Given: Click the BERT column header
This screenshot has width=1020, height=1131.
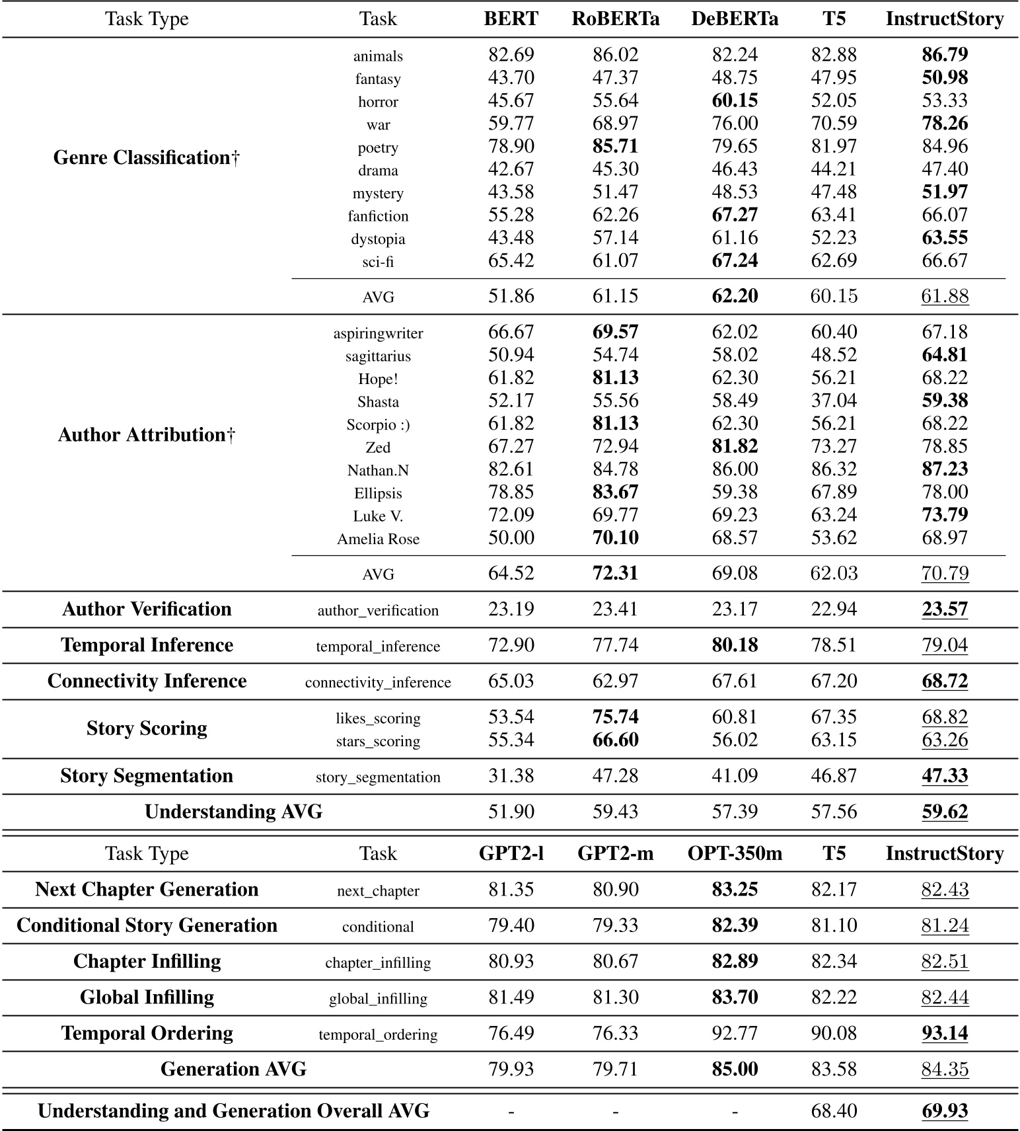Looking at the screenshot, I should (x=511, y=19).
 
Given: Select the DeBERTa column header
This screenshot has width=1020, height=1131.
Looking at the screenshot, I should (x=735, y=19).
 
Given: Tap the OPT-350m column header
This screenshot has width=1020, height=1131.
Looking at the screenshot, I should (x=735, y=853).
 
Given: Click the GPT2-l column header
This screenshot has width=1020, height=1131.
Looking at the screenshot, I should (x=511, y=853).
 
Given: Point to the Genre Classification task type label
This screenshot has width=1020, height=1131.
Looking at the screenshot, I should (x=147, y=157).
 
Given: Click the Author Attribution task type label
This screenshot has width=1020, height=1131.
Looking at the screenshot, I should (x=147, y=434).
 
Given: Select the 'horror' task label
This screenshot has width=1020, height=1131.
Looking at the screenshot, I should (x=378, y=102).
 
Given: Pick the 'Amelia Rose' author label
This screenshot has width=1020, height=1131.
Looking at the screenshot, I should (x=378, y=539).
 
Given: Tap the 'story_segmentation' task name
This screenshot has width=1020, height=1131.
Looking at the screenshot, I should (x=378, y=777).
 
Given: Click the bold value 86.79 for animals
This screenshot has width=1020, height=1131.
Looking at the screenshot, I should (x=945, y=55).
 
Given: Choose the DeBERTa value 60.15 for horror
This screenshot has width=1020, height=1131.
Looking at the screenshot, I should (x=735, y=100).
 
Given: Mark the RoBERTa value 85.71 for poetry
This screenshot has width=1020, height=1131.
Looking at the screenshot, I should (x=615, y=146).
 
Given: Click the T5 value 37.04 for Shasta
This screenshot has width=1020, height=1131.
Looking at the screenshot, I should (x=834, y=401).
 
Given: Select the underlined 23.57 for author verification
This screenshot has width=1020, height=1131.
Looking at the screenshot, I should (x=945, y=609).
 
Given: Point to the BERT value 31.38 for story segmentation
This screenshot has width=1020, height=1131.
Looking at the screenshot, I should (x=511, y=776).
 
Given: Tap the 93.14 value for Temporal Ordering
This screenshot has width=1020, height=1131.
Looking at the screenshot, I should (x=945, y=1033).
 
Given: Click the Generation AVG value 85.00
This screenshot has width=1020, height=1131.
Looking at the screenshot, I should (x=735, y=1069).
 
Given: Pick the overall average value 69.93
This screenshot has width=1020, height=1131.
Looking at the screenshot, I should (x=945, y=1111).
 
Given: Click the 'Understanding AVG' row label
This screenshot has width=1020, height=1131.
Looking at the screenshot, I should (x=233, y=812).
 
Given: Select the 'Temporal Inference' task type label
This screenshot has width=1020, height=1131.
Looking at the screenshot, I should (x=147, y=645).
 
